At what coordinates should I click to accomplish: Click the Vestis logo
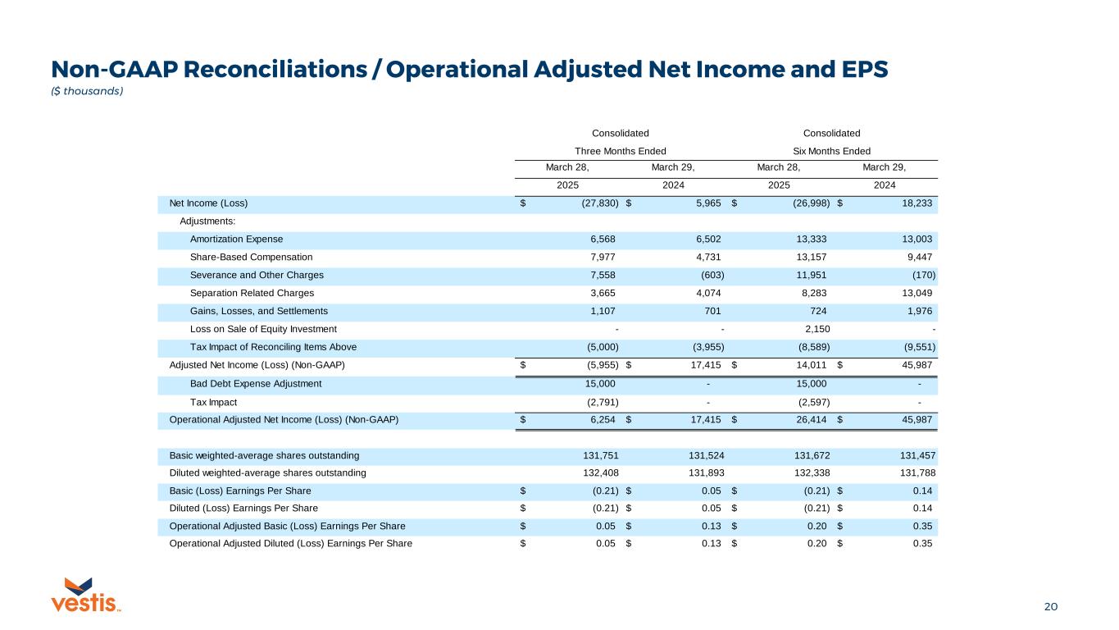(86, 595)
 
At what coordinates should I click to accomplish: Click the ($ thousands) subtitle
(88, 91)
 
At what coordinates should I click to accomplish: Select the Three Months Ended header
(620, 151)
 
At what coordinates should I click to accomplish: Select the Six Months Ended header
(831, 151)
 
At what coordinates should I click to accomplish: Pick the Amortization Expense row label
(236, 240)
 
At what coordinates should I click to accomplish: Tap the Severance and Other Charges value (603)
(707, 275)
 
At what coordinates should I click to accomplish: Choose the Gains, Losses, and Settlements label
(258, 311)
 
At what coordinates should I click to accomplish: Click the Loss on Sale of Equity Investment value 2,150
(812, 329)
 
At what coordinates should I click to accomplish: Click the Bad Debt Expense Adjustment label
(256, 383)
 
